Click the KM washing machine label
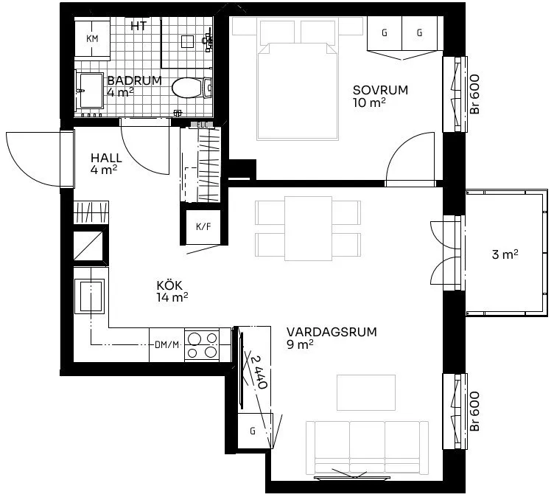click(x=92, y=38)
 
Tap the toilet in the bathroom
click(x=192, y=87)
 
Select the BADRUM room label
click(x=135, y=80)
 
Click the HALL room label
click(x=106, y=158)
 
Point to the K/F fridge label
click(x=203, y=226)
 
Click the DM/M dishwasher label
click(x=166, y=344)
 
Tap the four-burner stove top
click(x=202, y=345)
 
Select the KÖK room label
click(x=169, y=285)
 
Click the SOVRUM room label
click(x=381, y=90)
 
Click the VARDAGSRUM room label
click(x=332, y=332)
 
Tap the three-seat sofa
click(x=367, y=448)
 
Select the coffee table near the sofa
click(x=365, y=392)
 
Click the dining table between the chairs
click(x=308, y=229)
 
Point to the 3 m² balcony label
click(x=505, y=254)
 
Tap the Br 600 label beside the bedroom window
click(x=475, y=94)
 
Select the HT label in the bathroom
click(x=138, y=26)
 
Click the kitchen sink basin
click(x=89, y=296)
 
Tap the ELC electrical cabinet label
click(x=203, y=125)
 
